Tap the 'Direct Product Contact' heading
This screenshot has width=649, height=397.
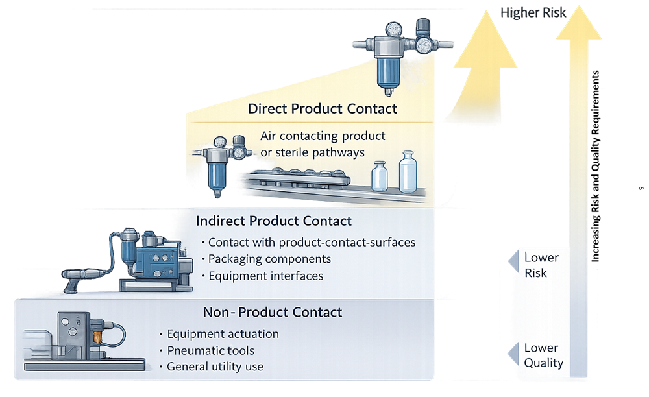tap(322, 108)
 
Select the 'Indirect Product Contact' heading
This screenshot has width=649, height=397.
tap(273, 221)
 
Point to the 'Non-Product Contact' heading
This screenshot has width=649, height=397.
tap(272, 312)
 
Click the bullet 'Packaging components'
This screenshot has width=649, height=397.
tap(269, 259)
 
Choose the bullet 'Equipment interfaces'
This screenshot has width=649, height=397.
tap(265, 276)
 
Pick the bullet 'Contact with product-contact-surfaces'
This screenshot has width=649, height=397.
tap(312, 243)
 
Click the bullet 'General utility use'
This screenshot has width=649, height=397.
tap(215, 367)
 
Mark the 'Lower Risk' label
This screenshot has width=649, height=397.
tap(541, 265)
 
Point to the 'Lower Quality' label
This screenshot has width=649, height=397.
tap(543, 355)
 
